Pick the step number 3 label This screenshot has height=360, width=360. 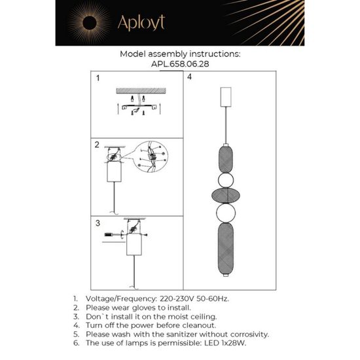(97, 223)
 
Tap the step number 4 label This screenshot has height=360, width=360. (189, 78)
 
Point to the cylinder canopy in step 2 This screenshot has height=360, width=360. (114, 173)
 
